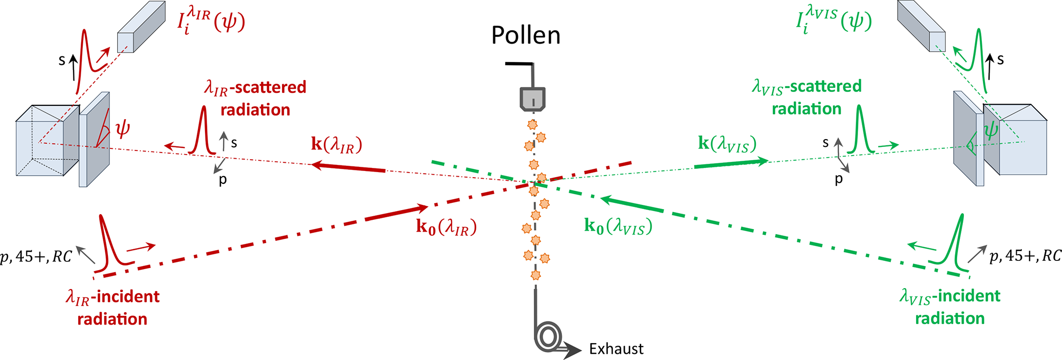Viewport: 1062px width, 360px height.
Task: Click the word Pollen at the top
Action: (x=525, y=35)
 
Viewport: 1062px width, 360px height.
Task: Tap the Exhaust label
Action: (x=616, y=349)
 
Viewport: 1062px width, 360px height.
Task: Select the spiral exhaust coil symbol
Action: (x=547, y=336)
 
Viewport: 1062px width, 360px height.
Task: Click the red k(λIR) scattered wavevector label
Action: (x=337, y=145)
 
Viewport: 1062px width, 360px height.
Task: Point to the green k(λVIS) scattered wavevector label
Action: (x=727, y=144)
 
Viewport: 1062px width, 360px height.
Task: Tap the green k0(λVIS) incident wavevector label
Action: (x=618, y=226)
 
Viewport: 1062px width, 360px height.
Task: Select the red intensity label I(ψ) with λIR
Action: (x=211, y=23)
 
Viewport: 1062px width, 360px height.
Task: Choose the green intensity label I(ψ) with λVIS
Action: (x=833, y=22)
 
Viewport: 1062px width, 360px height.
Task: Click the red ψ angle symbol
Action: (x=122, y=129)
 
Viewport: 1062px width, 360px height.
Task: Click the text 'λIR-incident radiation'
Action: (x=113, y=308)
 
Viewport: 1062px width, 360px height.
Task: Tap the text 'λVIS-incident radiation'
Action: (x=949, y=307)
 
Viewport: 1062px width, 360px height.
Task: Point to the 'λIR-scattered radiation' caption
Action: (x=255, y=98)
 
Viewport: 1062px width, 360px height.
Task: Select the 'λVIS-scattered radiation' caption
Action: (x=807, y=97)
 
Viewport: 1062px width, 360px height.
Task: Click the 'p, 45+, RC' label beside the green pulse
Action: (x=1025, y=256)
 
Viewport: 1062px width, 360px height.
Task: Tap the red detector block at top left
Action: (x=141, y=27)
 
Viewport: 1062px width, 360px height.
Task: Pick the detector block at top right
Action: (x=921, y=26)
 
